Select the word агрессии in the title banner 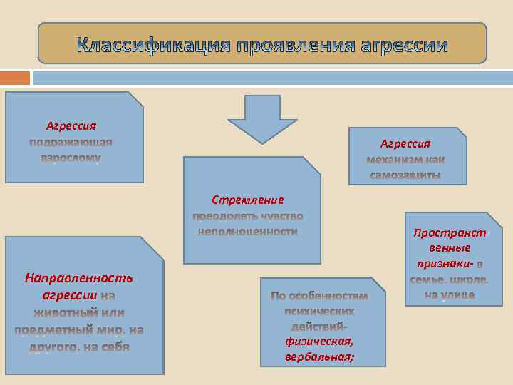coord(404,47)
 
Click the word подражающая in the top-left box coord(71,142)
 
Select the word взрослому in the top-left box coord(71,157)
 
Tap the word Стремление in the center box coord(247,200)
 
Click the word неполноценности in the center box coord(247,231)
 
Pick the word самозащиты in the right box coord(405,175)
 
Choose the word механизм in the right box coord(395,159)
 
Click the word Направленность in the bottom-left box coord(78,277)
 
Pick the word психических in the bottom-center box coord(318,311)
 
